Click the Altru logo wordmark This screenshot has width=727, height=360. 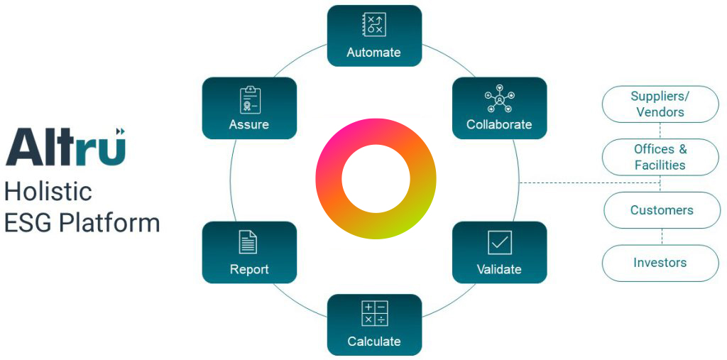65,148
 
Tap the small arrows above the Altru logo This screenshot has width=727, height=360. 120,131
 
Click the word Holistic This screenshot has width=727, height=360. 48,191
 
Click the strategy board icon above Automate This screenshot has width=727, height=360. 374,25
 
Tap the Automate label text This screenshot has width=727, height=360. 374,53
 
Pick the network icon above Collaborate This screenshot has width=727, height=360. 499,99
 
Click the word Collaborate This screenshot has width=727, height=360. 499,125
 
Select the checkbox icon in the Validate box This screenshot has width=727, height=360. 499,242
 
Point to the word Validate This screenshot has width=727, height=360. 499,270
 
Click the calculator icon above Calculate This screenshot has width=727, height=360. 374,313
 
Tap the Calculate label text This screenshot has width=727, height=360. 374,342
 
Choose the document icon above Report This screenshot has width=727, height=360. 248,242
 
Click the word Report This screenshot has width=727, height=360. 249,270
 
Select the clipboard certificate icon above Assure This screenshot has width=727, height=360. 249,99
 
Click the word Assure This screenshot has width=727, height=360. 249,125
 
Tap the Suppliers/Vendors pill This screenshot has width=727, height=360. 660,104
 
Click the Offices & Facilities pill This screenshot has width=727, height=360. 660,157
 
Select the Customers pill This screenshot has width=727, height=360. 662,210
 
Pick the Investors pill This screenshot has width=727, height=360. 660,263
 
